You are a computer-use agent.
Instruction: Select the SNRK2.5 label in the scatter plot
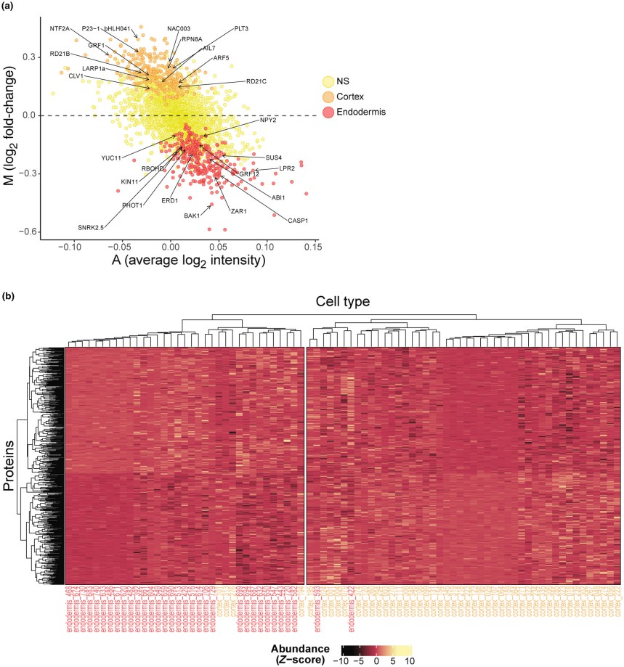[92, 227]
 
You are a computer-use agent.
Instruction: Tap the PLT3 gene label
[241, 28]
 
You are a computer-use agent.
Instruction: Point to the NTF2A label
[60, 28]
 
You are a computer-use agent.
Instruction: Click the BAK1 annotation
[192, 216]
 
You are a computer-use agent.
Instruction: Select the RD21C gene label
[256, 81]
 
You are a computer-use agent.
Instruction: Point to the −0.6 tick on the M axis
[28, 232]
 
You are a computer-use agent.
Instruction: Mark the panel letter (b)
[7, 296]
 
